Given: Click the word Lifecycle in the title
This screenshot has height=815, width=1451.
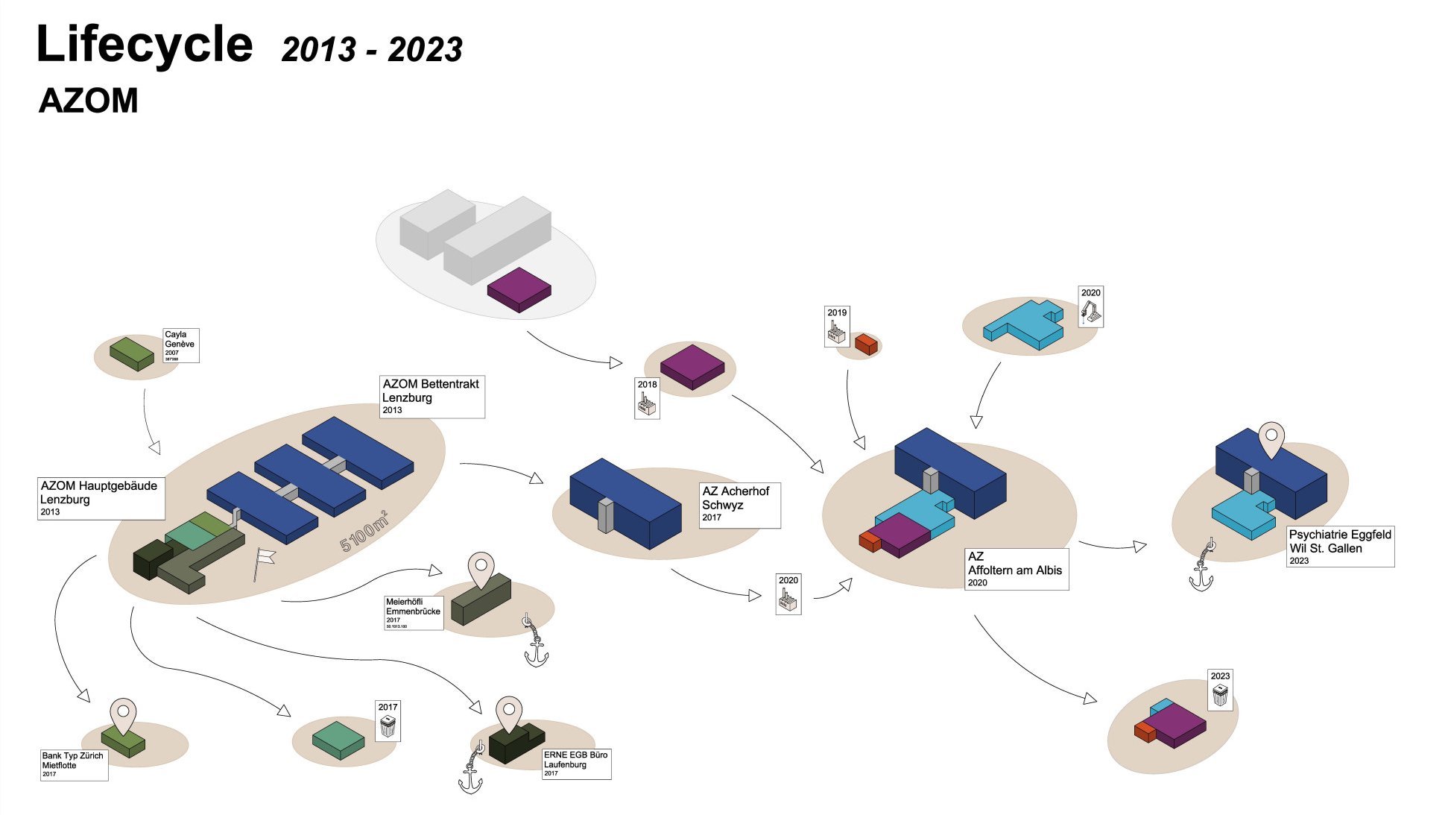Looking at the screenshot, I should coord(145,45).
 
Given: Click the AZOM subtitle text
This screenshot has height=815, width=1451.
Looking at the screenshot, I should coord(88,101).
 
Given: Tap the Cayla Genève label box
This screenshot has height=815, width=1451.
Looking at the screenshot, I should coord(181,345).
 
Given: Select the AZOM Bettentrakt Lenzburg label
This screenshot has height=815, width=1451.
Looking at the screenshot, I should coord(431,396).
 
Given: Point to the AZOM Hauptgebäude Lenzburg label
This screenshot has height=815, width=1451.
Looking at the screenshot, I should coord(101,498).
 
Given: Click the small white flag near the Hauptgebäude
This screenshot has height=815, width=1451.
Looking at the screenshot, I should coord(264,559).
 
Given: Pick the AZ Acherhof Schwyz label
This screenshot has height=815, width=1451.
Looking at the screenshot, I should coord(739,505).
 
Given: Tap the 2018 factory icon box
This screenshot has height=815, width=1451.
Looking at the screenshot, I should coord(647,398).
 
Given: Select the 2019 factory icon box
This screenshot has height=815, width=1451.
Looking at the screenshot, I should coord(837,327).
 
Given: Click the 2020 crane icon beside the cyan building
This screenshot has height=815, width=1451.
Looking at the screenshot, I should coord(1091,306).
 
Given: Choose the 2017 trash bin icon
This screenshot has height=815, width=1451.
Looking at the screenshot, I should coord(388,721).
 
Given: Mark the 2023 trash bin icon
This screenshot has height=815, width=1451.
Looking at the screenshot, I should coord(1220,690).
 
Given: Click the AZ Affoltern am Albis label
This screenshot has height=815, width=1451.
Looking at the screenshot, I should coord(1017,569).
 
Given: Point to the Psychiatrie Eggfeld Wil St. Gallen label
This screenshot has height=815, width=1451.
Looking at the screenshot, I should coord(1340,547).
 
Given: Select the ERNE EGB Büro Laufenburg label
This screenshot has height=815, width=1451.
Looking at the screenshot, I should coord(576,764).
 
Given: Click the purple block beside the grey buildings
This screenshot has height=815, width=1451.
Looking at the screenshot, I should coord(519,289).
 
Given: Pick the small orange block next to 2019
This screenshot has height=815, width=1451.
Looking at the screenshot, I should coord(866,344).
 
